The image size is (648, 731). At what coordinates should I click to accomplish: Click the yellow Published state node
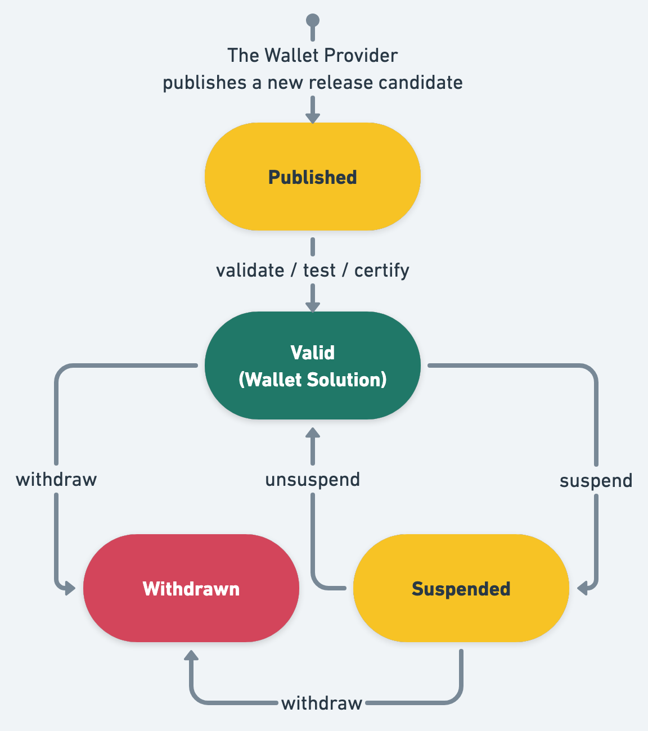click(312, 177)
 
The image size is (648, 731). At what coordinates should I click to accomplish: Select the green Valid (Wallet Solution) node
click(312, 365)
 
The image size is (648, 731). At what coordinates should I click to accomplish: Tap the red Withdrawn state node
click(191, 588)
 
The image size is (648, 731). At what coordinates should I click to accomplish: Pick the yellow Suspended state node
click(461, 588)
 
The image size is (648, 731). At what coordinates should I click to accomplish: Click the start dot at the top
click(313, 21)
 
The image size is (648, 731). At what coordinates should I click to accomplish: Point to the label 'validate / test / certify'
click(312, 270)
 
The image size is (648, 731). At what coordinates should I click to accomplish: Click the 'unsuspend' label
click(312, 480)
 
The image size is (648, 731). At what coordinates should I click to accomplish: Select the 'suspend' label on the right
click(596, 481)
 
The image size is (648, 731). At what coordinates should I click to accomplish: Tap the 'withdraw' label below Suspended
click(321, 703)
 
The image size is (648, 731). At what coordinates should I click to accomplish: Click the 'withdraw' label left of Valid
click(56, 480)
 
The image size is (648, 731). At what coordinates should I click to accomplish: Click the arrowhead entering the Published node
click(313, 118)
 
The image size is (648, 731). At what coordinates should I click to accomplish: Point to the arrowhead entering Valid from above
click(313, 306)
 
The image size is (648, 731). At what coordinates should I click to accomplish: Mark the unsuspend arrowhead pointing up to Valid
click(313, 433)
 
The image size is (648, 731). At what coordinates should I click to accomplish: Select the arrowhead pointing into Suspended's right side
click(583, 589)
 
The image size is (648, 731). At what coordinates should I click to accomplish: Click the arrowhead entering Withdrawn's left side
click(69, 589)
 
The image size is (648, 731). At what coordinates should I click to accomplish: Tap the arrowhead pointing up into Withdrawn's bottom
click(191, 656)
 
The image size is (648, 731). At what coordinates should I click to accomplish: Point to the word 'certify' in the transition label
click(381, 270)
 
